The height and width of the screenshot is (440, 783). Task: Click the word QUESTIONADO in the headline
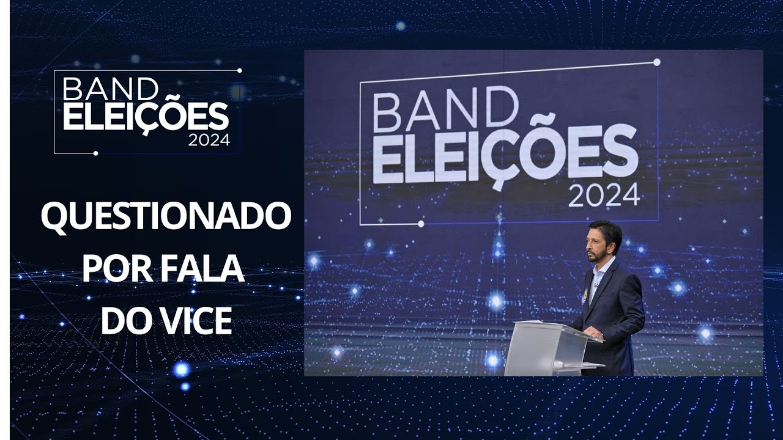tap(165, 218)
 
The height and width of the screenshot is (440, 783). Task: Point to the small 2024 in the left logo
tap(209, 140)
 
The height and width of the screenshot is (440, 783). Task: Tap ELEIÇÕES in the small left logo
tap(146, 116)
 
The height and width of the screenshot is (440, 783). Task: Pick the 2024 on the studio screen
tap(604, 197)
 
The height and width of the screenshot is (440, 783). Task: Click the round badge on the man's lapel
tap(584, 294)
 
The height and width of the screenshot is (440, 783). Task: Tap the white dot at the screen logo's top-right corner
tap(657, 62)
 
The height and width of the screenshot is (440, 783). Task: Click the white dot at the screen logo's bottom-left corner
tap(421, 224)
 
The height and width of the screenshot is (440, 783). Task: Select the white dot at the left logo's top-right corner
tap(239, 71)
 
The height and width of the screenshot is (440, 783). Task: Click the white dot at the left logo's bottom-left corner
tap(95, 153)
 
